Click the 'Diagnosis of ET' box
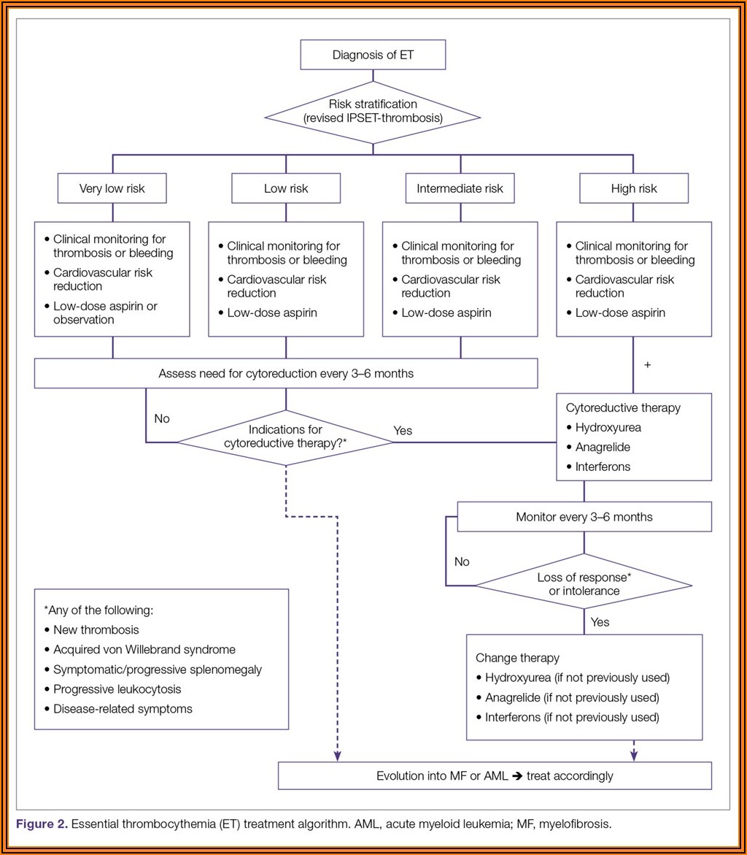click(373, 55)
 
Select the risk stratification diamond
click(373, 111)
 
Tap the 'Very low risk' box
click(112, 188)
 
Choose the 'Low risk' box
click(286, 188)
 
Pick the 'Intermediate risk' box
click(460, 188)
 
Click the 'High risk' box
click(633, 188)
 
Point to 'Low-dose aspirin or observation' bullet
click(104, 313)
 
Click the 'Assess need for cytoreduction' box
click(286, 374)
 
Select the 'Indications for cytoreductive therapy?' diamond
click(285, 437)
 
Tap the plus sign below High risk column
click(647, 364)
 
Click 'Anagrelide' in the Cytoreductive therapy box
click(603, 447)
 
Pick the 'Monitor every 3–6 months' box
click(584, 517)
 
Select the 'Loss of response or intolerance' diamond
click(584, 583)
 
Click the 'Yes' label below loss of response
click(600, 623)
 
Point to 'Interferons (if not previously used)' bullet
click(571, 717)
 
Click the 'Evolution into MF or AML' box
click(495, 776)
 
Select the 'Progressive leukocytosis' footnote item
click(117, 689)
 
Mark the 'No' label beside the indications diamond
click(162, 419)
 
